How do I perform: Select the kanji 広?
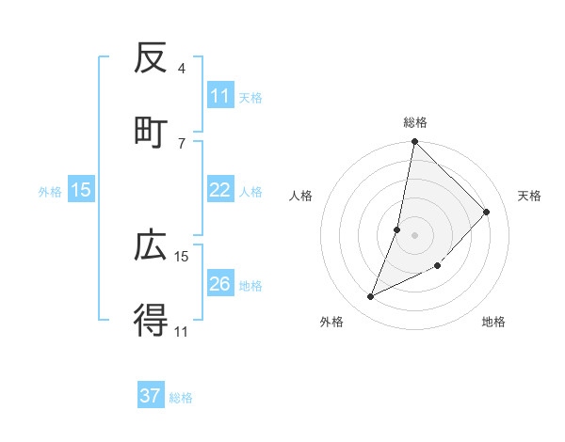151,245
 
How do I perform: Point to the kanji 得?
151,321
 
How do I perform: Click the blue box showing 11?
220,96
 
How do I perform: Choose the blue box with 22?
220,190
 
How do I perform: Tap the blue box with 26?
220,284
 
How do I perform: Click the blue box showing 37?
151,396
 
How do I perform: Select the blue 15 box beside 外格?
81,190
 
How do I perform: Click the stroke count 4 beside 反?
182,69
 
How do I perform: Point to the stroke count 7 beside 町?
182,143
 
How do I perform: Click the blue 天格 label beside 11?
250,97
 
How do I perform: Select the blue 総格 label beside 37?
181,398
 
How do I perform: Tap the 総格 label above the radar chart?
415,122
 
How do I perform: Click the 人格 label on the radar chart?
301,196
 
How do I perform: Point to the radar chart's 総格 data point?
414,142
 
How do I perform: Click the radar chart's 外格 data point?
371,297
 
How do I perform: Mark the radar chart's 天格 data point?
487,212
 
